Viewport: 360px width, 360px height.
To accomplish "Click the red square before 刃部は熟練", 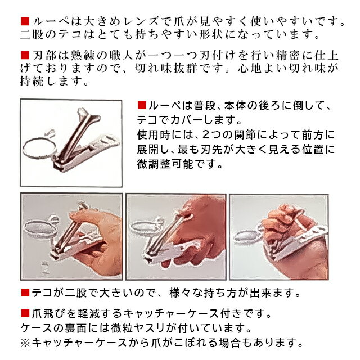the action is point(25,55).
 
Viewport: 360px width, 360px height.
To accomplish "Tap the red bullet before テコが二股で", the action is point(25,292).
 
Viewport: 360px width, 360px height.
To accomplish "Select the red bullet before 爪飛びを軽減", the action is point(25,313).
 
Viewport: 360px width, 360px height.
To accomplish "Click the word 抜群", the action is point(185,68).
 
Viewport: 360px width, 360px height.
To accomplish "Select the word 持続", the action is point(31,80).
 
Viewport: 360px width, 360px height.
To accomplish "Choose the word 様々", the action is point(181,292).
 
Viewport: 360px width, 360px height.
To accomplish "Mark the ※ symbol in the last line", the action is point(26,343).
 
